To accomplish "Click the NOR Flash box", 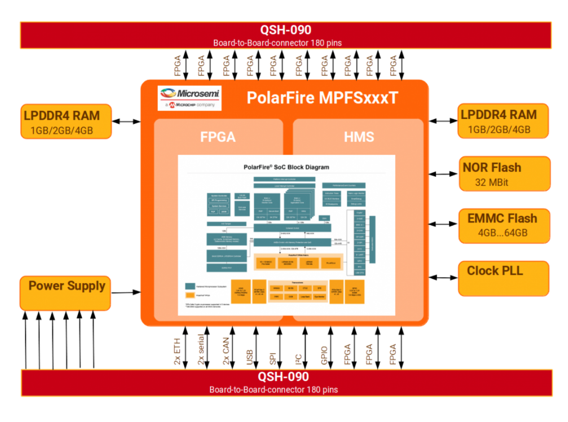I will (x=504, y=174).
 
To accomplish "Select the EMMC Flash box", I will (x=504, y=226).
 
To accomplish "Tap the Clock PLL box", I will (x=503, y=278).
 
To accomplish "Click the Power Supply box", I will (x=65, y=293).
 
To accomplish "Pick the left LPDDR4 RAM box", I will (x=66, y=121).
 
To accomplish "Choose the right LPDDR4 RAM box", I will (x=503, y=121).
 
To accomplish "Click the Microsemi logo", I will (x=189, y=98).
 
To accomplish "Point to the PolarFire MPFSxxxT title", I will (x=322, y=98).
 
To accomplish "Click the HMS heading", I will (x=359, y=137).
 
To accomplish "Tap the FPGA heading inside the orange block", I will (x=218, y=137).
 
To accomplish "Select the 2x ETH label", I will (x=177, y=351).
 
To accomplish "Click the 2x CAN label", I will (x=226, y=351).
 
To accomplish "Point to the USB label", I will (x=250, y=357).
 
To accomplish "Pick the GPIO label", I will (x=324, y=355).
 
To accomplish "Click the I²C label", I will (x=299, y=359).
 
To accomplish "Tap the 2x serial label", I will (x=201, y=349).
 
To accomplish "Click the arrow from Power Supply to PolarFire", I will (x=126, y=292).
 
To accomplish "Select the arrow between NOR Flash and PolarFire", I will (x=443, y=174).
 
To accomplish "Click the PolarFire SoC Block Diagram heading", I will (x=286, y=167).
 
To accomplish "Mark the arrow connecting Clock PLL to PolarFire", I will (x=443, y=277).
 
